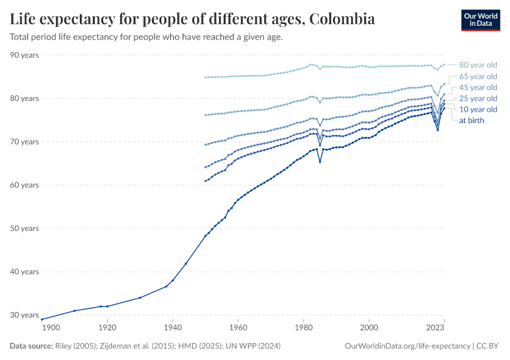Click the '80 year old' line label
click(x=478, y=65)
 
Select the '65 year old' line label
click(x=478, y=76)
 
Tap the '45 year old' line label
click(x=478, y=88)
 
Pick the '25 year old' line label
click(x=478, y=98)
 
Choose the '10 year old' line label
click(x=478, y=109)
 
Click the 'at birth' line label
click(x=472, y=120)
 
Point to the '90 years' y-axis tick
click(x=25, y=55)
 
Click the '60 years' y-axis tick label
click(x=25, y=185)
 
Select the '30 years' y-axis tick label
click(x=25, y=315)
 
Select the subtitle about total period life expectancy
click(x=146, y=37)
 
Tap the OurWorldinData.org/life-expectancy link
click(x=408, y=346)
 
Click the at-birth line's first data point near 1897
click(x=41, y=319)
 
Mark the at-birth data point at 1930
click(x=140, y=298)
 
